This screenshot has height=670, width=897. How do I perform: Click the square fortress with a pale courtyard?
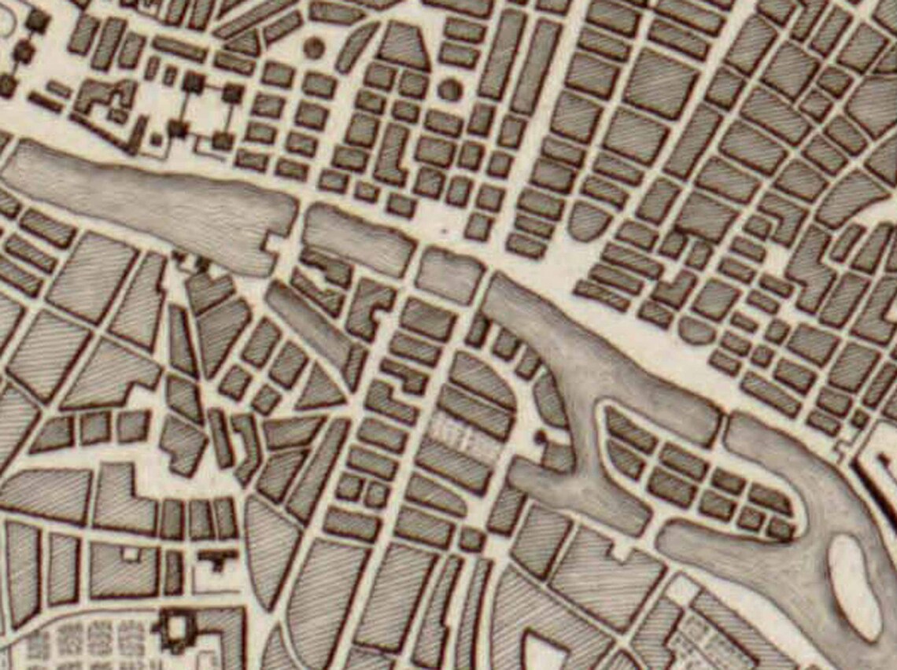(178, 629)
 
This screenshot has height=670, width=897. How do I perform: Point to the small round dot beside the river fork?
(540, 435)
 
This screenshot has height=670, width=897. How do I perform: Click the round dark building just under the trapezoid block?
(449, 89)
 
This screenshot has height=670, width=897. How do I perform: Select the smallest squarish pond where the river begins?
(449, 275)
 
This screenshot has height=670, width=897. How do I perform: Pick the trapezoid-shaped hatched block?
(402, 44)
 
